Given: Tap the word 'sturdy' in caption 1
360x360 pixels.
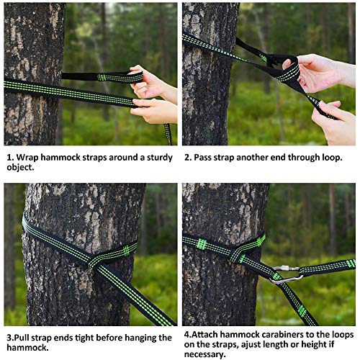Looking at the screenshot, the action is (160, 158).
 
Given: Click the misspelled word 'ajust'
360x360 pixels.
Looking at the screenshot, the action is (252, 345).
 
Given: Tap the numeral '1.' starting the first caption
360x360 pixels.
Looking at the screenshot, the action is (10, 158).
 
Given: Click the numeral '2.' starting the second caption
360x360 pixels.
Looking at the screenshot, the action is (188, 158).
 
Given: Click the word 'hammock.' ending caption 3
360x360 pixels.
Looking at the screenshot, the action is (27, 348).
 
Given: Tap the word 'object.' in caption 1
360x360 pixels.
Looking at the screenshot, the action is (20, 168).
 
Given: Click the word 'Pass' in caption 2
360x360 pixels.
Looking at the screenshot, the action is (203, 158).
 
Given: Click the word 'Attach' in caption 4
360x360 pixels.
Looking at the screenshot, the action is (204, 334).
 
